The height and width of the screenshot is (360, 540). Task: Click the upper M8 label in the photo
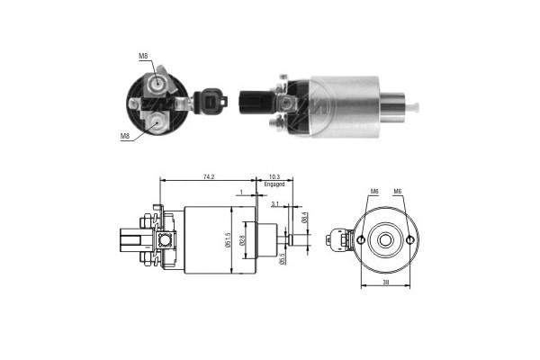tap(143, 57)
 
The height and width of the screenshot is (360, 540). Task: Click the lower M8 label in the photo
tap(125, 136)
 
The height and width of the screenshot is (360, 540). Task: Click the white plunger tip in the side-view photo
tap(417, 107)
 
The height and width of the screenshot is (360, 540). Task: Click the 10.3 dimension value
tap(274, 177)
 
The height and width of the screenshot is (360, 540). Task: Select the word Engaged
tap(274, 184)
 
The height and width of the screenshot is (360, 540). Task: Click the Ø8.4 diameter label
tap(305, 217)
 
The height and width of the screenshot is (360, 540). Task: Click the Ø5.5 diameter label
tap(282, 259)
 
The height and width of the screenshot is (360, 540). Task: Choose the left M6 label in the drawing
tap(373, 192)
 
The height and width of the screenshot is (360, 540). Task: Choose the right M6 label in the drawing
tap(397, 192)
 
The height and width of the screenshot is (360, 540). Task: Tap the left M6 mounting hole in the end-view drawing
tap(361, 239)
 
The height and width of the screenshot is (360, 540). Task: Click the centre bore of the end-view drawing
tap(385, 239)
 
